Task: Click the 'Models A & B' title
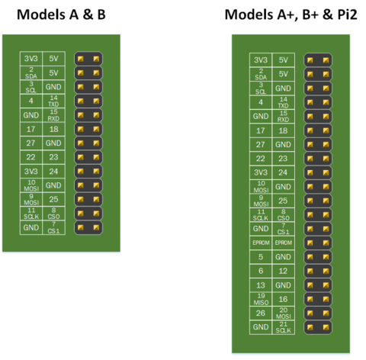(62, 14)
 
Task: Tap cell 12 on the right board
(284, 271)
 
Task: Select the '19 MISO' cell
(261, 299)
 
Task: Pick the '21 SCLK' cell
(284, 327)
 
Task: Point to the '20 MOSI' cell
(284, 313)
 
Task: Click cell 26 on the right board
(261, 313)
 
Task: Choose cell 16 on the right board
(284, 299)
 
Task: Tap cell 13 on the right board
(261, 284)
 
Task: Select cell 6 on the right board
(261, 271)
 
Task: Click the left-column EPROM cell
(261, 243)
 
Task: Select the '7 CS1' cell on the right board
(284, 228)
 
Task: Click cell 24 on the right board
(284, 172)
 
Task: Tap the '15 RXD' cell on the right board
(284, 117)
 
